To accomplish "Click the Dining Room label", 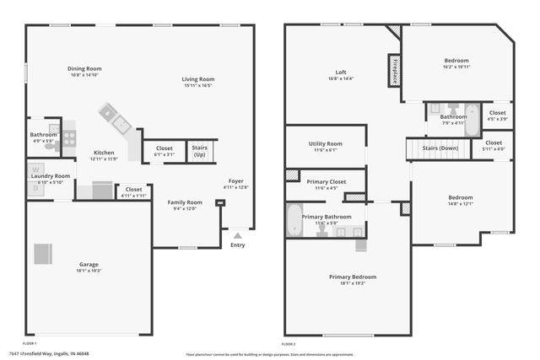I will point(84,68).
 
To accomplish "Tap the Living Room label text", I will point(197,79).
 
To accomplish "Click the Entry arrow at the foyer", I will point(238,235).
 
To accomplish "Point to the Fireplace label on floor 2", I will point(394,71).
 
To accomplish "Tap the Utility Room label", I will point(325,144).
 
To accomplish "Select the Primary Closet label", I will point(326,182).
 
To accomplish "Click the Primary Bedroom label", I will point(353,277).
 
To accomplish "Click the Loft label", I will point(341,73).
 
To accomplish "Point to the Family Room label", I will point(184,202).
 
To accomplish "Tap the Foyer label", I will point(238,181).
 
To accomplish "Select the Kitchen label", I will point(103,153).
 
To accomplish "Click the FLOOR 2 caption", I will point(289,345).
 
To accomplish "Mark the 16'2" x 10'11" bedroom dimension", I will point(457,67).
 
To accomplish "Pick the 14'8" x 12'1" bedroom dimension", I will point(460,203).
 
